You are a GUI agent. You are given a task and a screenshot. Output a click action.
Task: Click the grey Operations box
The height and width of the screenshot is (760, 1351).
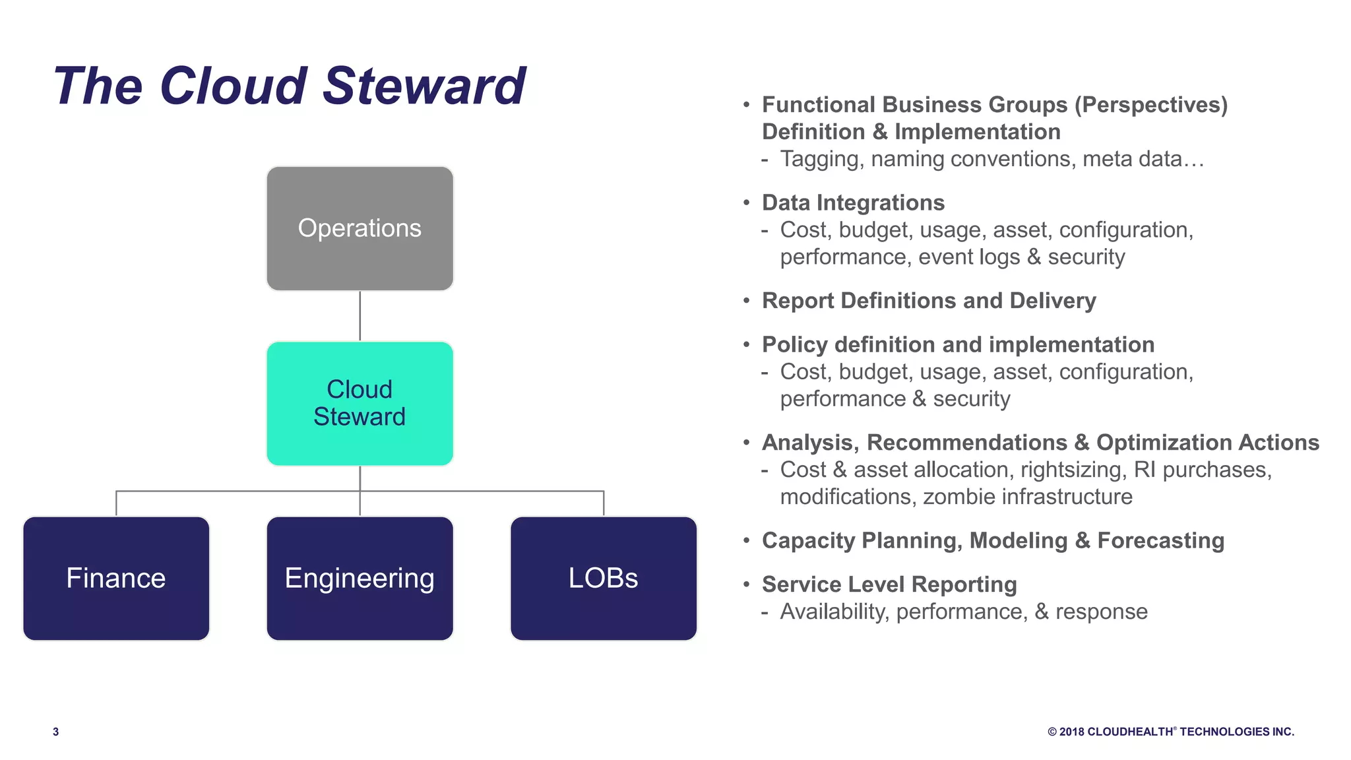pyautogui.click(x=360, y=228)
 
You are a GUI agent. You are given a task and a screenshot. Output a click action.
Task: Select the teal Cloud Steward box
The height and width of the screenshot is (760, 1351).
pyautogui.click(x=360, y=403)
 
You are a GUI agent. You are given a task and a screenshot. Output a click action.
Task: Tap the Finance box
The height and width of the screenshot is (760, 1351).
pyautogui.click(x=116, y=578)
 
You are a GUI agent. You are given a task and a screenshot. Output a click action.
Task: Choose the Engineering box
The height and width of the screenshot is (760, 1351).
pyautogui.click(x=360, y=578)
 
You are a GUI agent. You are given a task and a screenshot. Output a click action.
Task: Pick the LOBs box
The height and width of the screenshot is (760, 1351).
pyautogui.click(x=603, y=578)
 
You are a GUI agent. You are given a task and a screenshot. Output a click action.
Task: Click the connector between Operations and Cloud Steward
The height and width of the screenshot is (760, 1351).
pyautogui.click(x=360, y=316)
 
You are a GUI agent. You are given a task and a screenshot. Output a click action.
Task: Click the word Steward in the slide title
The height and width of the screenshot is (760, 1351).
pyautogui.click(x=424, y=86)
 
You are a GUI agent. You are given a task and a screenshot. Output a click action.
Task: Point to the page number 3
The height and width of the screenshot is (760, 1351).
pyautogui.click(x=56, y=732)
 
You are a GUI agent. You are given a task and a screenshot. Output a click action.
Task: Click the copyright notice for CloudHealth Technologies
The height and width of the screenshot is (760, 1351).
pyautogui.click(x=1170, y=732)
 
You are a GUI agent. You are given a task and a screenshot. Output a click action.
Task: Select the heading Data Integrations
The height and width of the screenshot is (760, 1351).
pyautogui.click(x=853, y=203)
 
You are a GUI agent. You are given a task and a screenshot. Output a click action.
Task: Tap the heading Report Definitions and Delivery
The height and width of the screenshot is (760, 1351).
pyautogui.click(x=928, y=301)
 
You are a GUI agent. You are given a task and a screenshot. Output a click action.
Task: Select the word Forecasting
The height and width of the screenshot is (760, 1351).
pyautogui.click(x=1160, y=540)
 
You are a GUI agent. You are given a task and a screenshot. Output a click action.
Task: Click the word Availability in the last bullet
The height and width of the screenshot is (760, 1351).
pyautogui.click(x=834, y=612)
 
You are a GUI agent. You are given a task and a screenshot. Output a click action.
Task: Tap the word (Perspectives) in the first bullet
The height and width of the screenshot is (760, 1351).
pyautogui.click(x=1150, y=105)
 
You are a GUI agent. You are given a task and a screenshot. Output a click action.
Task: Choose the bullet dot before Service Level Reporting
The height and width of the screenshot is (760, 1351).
pyautogui.click(x=746, y=585)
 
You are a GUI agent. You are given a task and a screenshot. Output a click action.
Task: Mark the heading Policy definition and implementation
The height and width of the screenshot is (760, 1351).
pyautogui.click(x=957, y=344)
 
